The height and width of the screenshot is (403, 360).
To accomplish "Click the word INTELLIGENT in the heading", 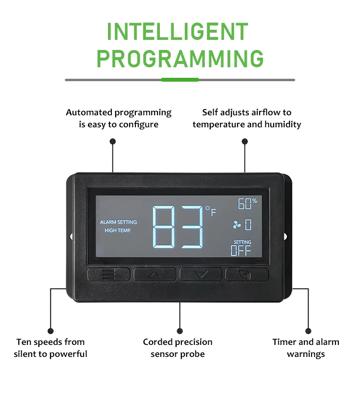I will (178, 32).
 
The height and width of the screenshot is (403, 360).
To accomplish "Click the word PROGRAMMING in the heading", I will (180, 58).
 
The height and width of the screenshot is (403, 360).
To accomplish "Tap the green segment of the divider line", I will (180, 80).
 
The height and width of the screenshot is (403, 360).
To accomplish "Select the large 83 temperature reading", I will (178, 226).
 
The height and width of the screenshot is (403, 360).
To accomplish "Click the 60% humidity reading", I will (247, 204).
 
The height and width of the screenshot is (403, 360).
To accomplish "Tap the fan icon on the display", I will (237, 224).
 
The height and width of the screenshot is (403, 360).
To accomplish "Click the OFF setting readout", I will (241, 250).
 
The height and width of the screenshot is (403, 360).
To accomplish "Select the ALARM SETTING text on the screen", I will (118, 222).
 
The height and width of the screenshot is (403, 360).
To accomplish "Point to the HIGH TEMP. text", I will (118, 231).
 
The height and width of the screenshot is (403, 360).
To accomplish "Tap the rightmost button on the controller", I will (247, 274).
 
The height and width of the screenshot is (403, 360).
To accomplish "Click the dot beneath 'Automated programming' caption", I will (113, 141).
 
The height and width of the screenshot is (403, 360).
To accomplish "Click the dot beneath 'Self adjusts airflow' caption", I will (245, 141).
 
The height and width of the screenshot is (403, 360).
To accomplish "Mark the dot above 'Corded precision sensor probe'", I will (180, 331).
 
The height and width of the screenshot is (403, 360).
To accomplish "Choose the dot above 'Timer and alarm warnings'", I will (308, 331).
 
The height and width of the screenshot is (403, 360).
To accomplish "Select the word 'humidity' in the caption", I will (284, 124).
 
